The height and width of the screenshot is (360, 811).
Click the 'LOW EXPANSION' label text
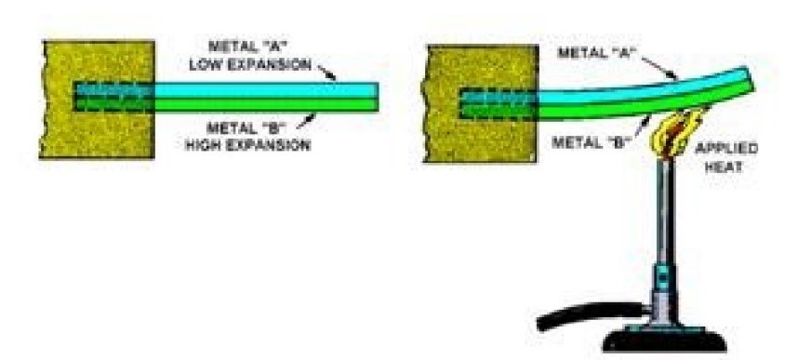[x=250, y=65]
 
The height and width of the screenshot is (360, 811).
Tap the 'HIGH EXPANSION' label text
[x=248, y=144]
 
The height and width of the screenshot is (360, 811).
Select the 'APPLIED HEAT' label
[x=726, y=158]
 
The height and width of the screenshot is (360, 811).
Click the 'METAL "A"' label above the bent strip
[x=595, y=53]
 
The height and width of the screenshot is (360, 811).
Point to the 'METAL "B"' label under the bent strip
[x=589, y=141]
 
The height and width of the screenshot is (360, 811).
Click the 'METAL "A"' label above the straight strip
[x=247, y=46]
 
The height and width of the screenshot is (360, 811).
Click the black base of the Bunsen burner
[x=664, y=340]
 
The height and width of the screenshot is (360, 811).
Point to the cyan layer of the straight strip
[x=266, y=90]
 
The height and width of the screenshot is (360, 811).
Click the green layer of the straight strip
[x=266, y=104]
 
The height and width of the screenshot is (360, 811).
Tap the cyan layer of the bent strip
[x=642, y=89]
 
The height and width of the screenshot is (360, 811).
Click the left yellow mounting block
[x=98, y=100]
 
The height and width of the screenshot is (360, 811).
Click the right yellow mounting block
[x=481, y=103]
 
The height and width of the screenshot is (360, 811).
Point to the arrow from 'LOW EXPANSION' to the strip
[x=327, y=73]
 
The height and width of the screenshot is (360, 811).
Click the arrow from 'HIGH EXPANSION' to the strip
[x=307, y=121]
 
